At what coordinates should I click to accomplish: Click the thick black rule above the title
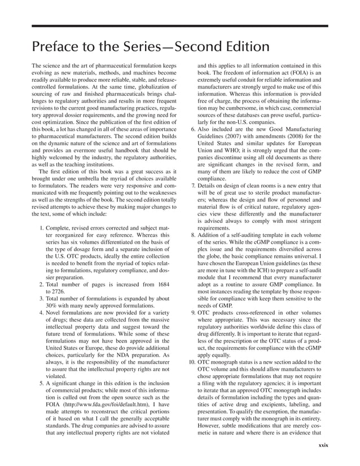tap(179, 25)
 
